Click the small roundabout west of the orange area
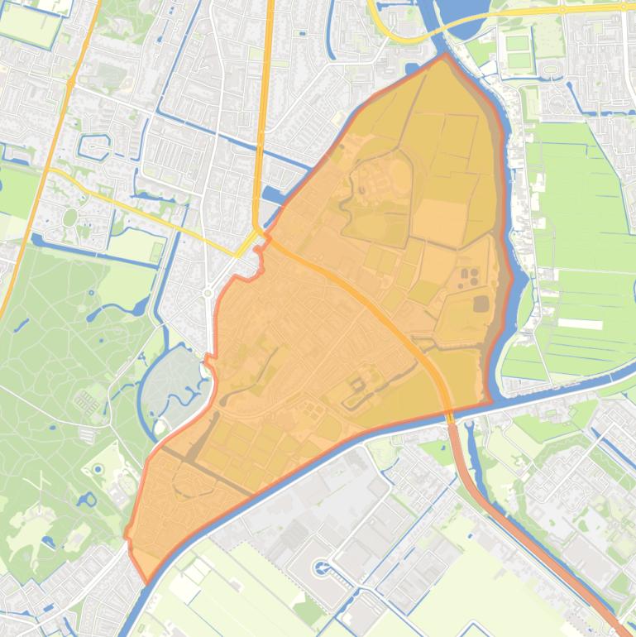(x=208, y=293)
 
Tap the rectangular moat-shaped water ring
(x=91, y=146)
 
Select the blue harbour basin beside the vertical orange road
(x=273, y=195)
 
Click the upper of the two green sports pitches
(x=517, y=42)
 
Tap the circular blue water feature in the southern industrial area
(x=321, y=568)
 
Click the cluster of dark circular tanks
(x=468, y=275)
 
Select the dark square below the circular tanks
(x=481, y=304)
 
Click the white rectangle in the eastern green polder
(x=581, y=323)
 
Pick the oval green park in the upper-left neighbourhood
(x=70, y=218)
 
